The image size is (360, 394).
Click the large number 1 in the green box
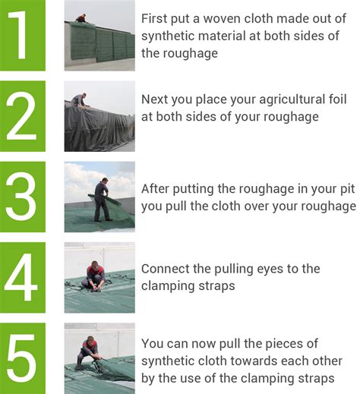tap(19, 35)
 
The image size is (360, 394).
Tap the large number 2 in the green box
tap(21, 116)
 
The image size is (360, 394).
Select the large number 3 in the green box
tap(21, 197)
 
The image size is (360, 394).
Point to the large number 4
tap(21, 277)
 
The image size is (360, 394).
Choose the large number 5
tap(21, 358)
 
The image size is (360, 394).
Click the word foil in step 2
tap(337, 99)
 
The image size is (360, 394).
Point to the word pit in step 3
tap(348, 190)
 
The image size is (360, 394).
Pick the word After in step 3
tap(155, 189)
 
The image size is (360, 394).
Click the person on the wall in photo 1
tap(81, 18)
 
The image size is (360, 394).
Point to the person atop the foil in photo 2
tap(79, 100)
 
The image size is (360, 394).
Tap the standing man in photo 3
tap(103, 200)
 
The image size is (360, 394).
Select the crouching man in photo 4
tap(93, 276)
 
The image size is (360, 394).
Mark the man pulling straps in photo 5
tap(88, 351)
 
